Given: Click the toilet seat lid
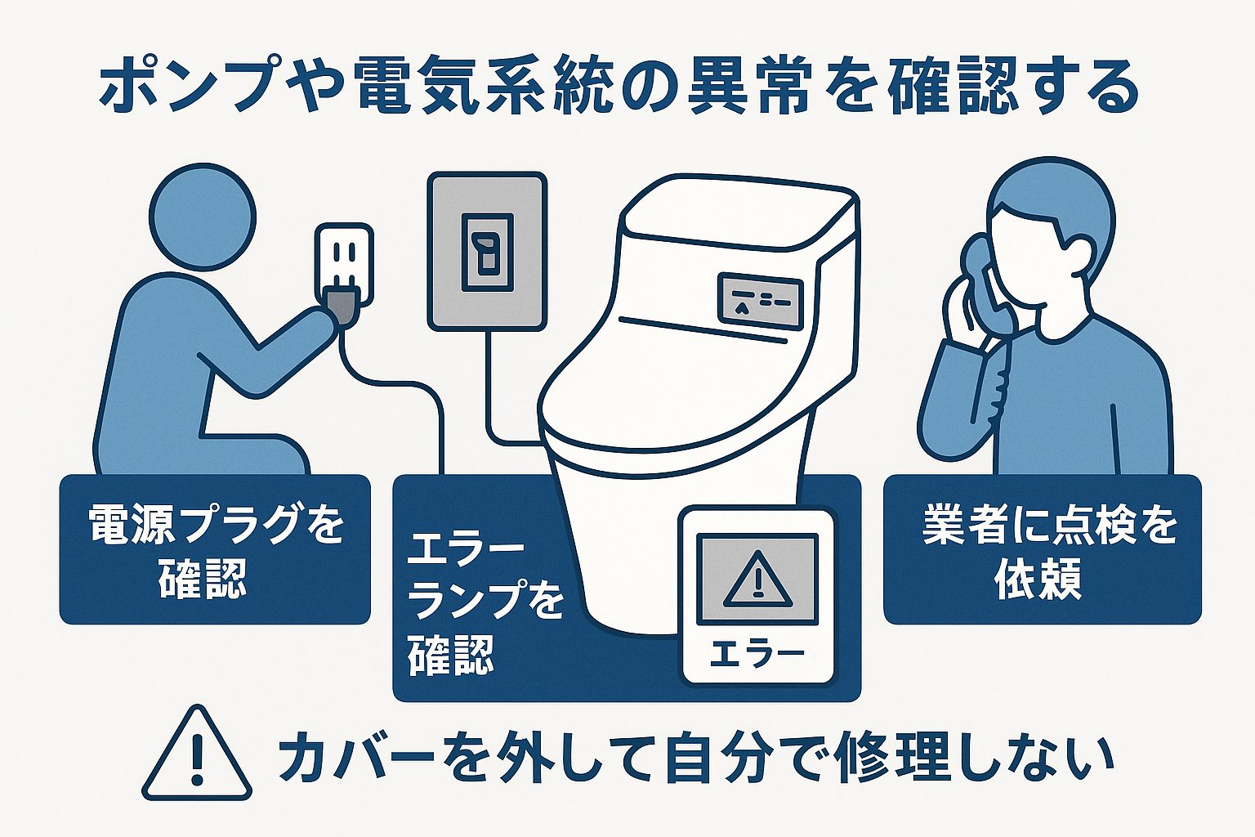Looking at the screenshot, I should pyautogui.click(x=670, y=384).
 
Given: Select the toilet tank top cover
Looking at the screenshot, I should pyautogui.click(x=735, y=208).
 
